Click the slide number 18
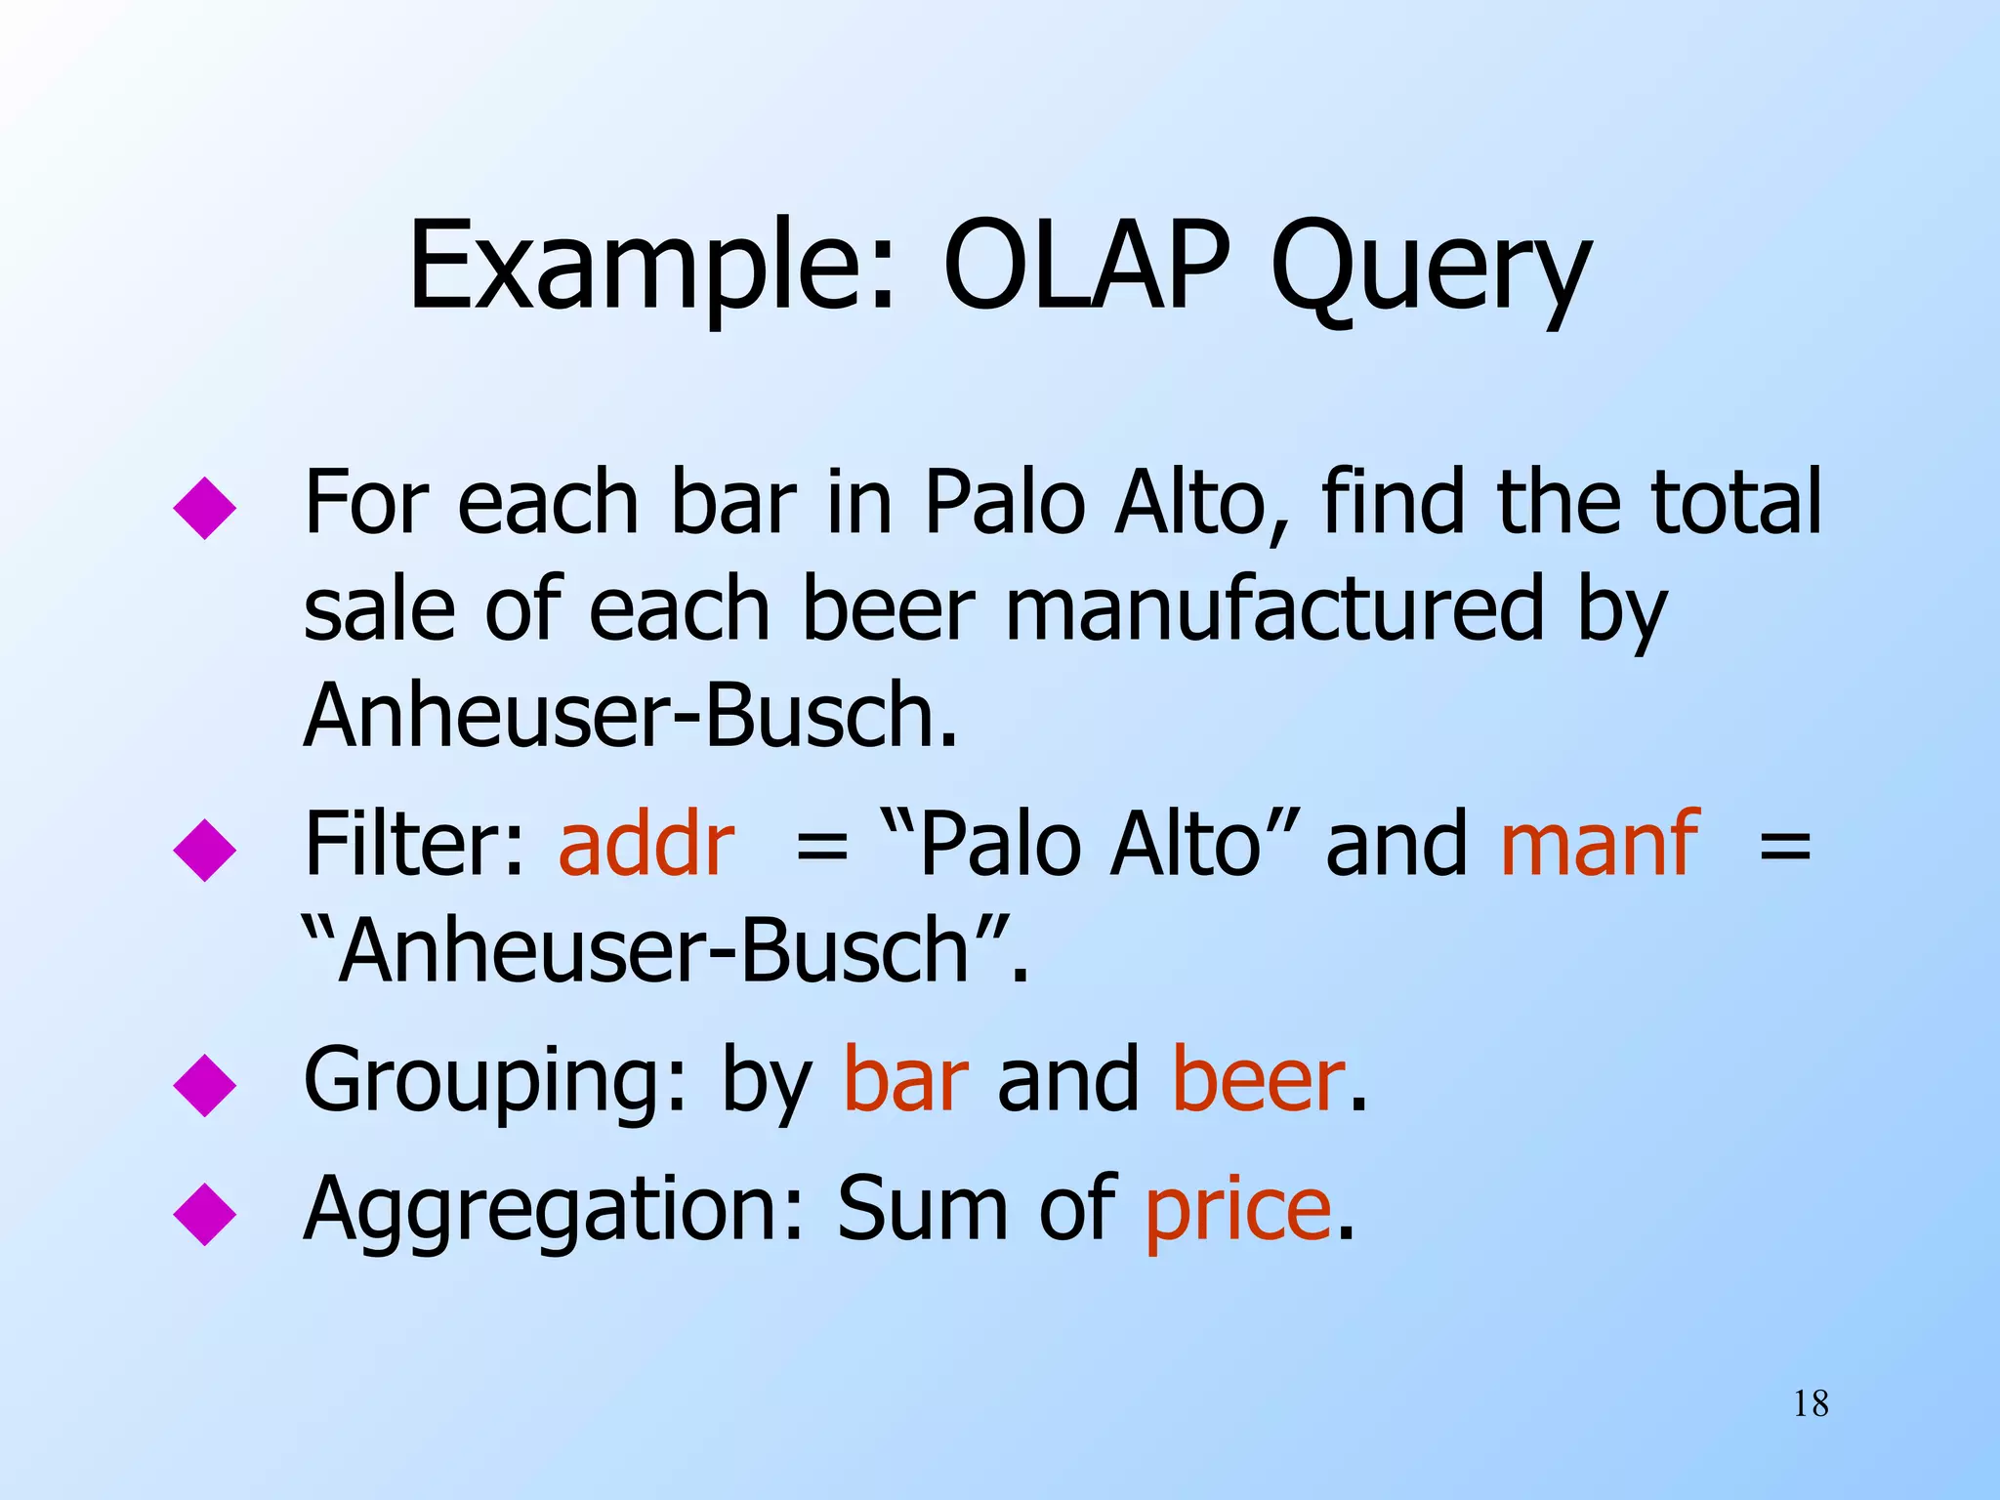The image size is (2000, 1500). coord(1811,1404)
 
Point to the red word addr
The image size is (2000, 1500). coord(646,844)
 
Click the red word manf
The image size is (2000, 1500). coord(1600,844)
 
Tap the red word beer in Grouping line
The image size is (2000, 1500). coord(1258,1080)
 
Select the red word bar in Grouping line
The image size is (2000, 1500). coord(905,1080)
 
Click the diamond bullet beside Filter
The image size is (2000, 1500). coord(205,851)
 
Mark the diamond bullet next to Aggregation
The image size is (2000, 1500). coord(205,1214)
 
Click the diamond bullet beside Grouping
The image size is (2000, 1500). coord(205,1085)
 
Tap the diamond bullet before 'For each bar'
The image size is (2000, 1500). coord(205,508)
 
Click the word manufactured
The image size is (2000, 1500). coord(1275,609)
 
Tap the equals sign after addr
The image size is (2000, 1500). coord(821,846)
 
